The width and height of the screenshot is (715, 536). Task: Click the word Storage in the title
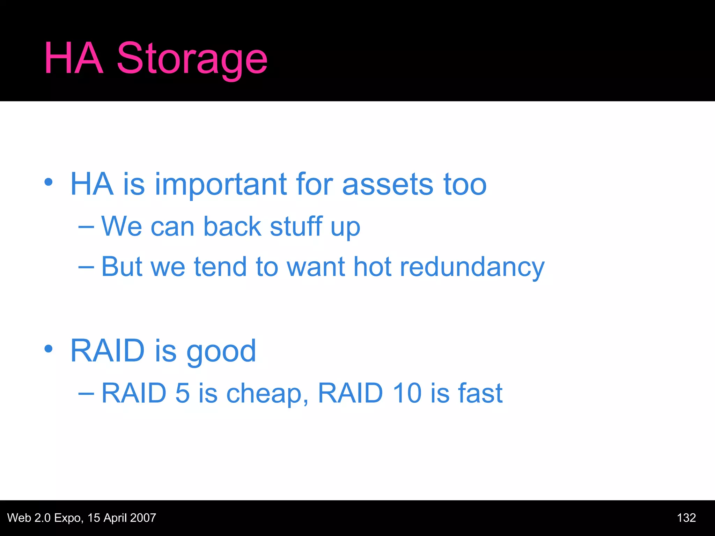click(192, 59)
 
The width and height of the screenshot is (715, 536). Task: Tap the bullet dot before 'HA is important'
click(49, 182)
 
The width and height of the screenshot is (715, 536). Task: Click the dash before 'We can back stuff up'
click(86, 227)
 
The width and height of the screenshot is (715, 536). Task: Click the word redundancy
click(472, 267)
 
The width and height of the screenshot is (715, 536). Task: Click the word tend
click(220, 267)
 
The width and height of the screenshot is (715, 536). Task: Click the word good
click(221, 352)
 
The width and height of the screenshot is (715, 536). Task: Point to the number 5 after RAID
click(182, 393)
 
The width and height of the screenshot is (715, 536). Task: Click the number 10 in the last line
click(407, 393)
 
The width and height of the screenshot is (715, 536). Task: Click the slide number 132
click(686, 518)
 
